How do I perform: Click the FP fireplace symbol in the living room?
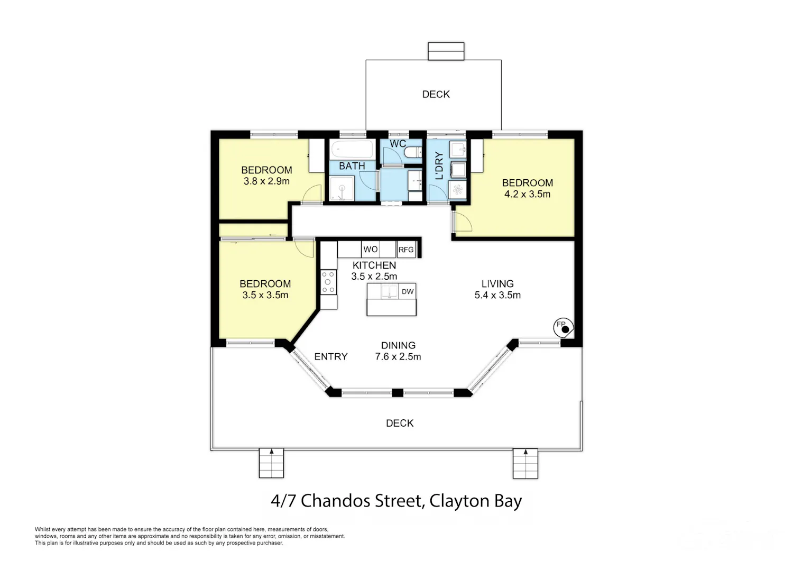[x=563, y=328]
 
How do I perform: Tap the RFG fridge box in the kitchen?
[x=406, y=250]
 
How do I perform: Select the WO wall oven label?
[x=370, y=250]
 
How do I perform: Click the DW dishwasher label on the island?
[x=408, y=291]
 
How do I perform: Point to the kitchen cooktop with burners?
[x=328, y=282]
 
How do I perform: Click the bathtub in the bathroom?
[x=352, y=149]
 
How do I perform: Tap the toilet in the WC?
[x=413, y=152]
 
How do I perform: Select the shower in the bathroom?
[x=342, y=188]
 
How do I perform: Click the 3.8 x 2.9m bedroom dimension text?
[x=266, y=181]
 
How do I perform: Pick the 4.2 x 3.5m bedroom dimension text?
[x=528, y=194]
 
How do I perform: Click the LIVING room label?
[x=497, y=284]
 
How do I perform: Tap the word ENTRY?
[x=331, y=356]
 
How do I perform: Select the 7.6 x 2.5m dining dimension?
[x=398, y=356]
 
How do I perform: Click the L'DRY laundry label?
[x=439, y=165]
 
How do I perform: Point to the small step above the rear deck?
[x=446, y=51]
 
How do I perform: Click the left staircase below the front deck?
[x=272, y=463]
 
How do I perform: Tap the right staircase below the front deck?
[x=525, y=464]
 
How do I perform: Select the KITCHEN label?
[x=374, y=265]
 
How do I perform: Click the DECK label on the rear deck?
[x=436, y=94]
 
